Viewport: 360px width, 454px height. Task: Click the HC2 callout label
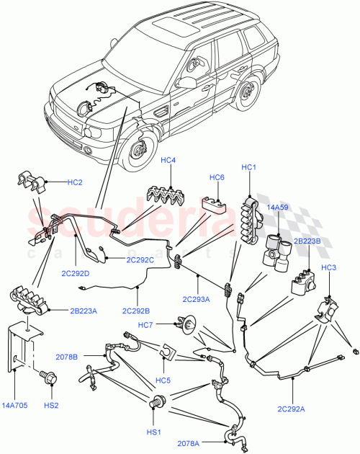[75, 182]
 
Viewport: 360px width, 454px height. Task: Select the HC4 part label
[168, 160]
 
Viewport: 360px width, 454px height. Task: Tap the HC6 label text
[217, 177]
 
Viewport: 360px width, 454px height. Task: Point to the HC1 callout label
[250, 167]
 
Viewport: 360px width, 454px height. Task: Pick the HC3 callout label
[328, 268]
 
